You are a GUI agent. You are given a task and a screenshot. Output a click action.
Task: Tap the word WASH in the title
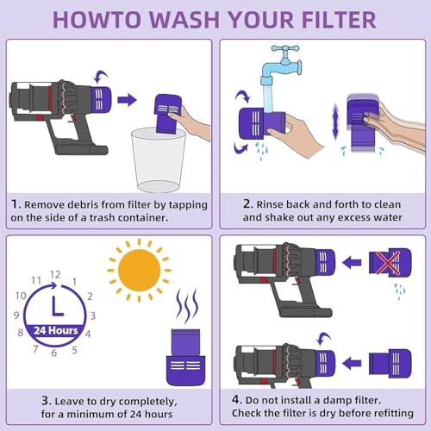point(184,20)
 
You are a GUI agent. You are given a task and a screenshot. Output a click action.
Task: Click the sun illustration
point(139,271)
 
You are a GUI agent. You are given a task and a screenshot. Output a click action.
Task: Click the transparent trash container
point(159,159)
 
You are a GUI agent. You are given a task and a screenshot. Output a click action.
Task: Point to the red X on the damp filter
point(388,263)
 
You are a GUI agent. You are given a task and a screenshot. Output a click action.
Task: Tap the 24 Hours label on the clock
point(56,330)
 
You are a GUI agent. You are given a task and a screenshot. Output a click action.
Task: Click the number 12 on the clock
point(55,275)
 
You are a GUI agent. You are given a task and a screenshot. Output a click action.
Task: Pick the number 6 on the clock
point(53,353)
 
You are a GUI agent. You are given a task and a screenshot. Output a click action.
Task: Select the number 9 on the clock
point(16,315)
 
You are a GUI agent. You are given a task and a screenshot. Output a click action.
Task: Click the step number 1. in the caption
point(16,204)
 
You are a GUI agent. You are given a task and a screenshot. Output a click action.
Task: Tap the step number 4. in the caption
point(237,399)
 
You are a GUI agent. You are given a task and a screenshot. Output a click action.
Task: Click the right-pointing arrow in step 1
point(127,100)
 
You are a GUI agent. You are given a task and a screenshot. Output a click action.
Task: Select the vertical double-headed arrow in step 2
point(335,122)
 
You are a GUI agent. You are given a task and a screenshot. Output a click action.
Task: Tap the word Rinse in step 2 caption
point(270,204)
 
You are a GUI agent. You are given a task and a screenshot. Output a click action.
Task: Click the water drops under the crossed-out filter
point(400,291)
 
